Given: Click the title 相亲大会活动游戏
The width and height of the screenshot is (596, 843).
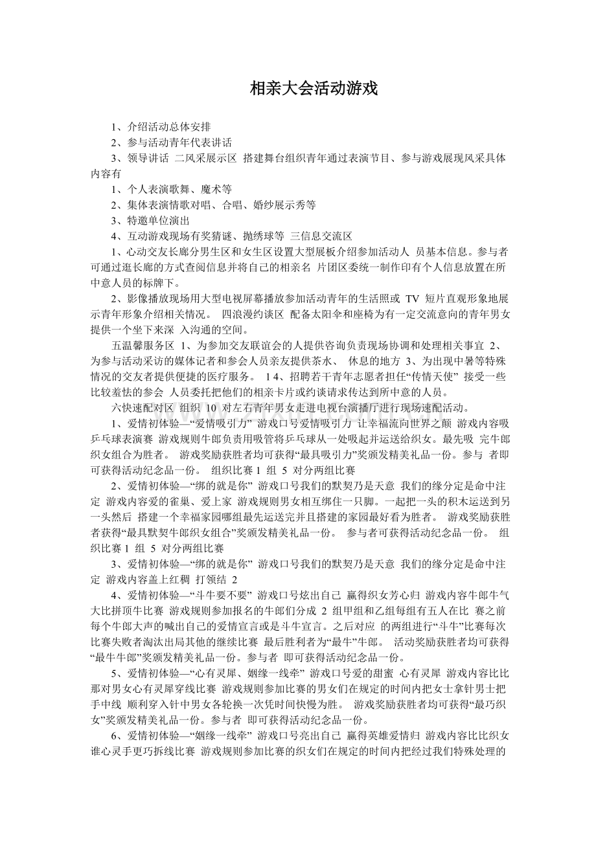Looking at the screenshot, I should [314, 89].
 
